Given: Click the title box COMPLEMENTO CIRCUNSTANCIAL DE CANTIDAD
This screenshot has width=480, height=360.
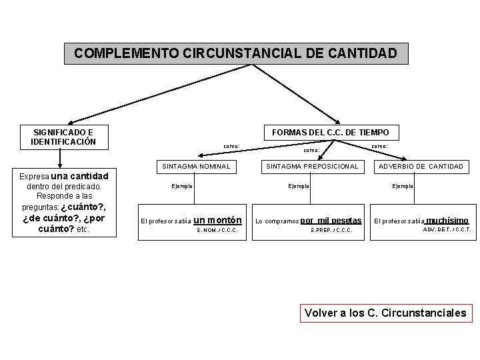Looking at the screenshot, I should click(235, 53).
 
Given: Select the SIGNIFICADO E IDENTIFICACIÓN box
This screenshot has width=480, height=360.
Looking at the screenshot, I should click(63, 137).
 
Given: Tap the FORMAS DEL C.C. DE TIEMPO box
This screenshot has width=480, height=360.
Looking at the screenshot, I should click(331, 133).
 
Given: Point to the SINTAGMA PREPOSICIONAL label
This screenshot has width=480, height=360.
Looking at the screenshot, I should click(313, 166).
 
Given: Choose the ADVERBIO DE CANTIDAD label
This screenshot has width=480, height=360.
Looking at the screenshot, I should click(420, 166).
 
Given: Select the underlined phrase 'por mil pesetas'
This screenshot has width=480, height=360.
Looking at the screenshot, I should click(331, 220).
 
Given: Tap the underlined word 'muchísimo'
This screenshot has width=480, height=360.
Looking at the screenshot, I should click(447, 220).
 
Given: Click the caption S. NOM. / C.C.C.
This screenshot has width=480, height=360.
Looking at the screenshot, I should click(218, 231).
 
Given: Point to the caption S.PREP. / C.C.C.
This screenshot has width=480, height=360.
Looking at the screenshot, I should click(332, 231).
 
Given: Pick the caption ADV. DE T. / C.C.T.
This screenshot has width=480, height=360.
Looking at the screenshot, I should click(447, 230).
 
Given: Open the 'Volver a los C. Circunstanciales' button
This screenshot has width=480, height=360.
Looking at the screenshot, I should click(385, 312).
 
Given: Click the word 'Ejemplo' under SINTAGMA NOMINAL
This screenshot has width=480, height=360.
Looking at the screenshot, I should click(182, 185).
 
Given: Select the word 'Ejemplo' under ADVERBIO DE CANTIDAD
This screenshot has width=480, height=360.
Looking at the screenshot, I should click(403, 185).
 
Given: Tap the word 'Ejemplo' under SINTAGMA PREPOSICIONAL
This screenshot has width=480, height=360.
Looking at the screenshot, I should click(298, 185).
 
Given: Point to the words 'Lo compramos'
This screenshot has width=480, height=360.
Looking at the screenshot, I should click(277, 221).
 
